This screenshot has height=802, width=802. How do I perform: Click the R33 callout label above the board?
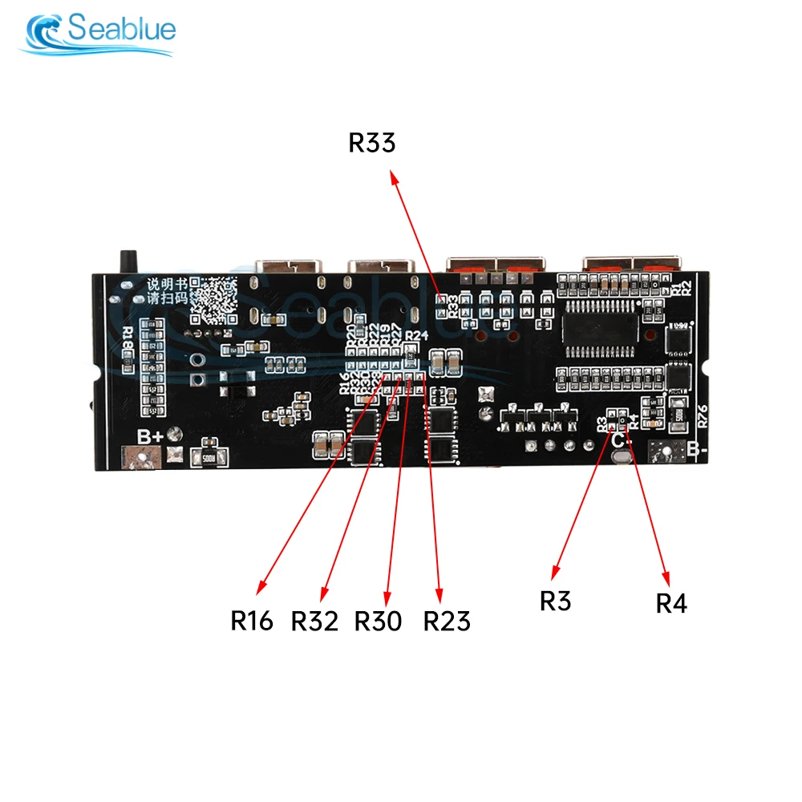372,144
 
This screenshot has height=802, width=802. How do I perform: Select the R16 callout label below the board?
252,620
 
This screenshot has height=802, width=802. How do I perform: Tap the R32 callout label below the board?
314,620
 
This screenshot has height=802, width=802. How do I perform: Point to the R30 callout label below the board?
378,620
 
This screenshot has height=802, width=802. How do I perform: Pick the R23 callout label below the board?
447,620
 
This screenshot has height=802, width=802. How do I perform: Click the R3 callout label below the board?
555,600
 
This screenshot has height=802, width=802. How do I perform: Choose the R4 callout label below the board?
671,603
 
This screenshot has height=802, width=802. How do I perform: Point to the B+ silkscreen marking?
151,437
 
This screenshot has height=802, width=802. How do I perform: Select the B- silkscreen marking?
696,450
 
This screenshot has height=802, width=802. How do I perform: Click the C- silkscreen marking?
621,439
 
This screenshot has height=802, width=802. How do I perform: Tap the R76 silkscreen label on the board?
703,416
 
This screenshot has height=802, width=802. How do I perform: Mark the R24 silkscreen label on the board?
417,335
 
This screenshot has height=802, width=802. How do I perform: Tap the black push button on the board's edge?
125,261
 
